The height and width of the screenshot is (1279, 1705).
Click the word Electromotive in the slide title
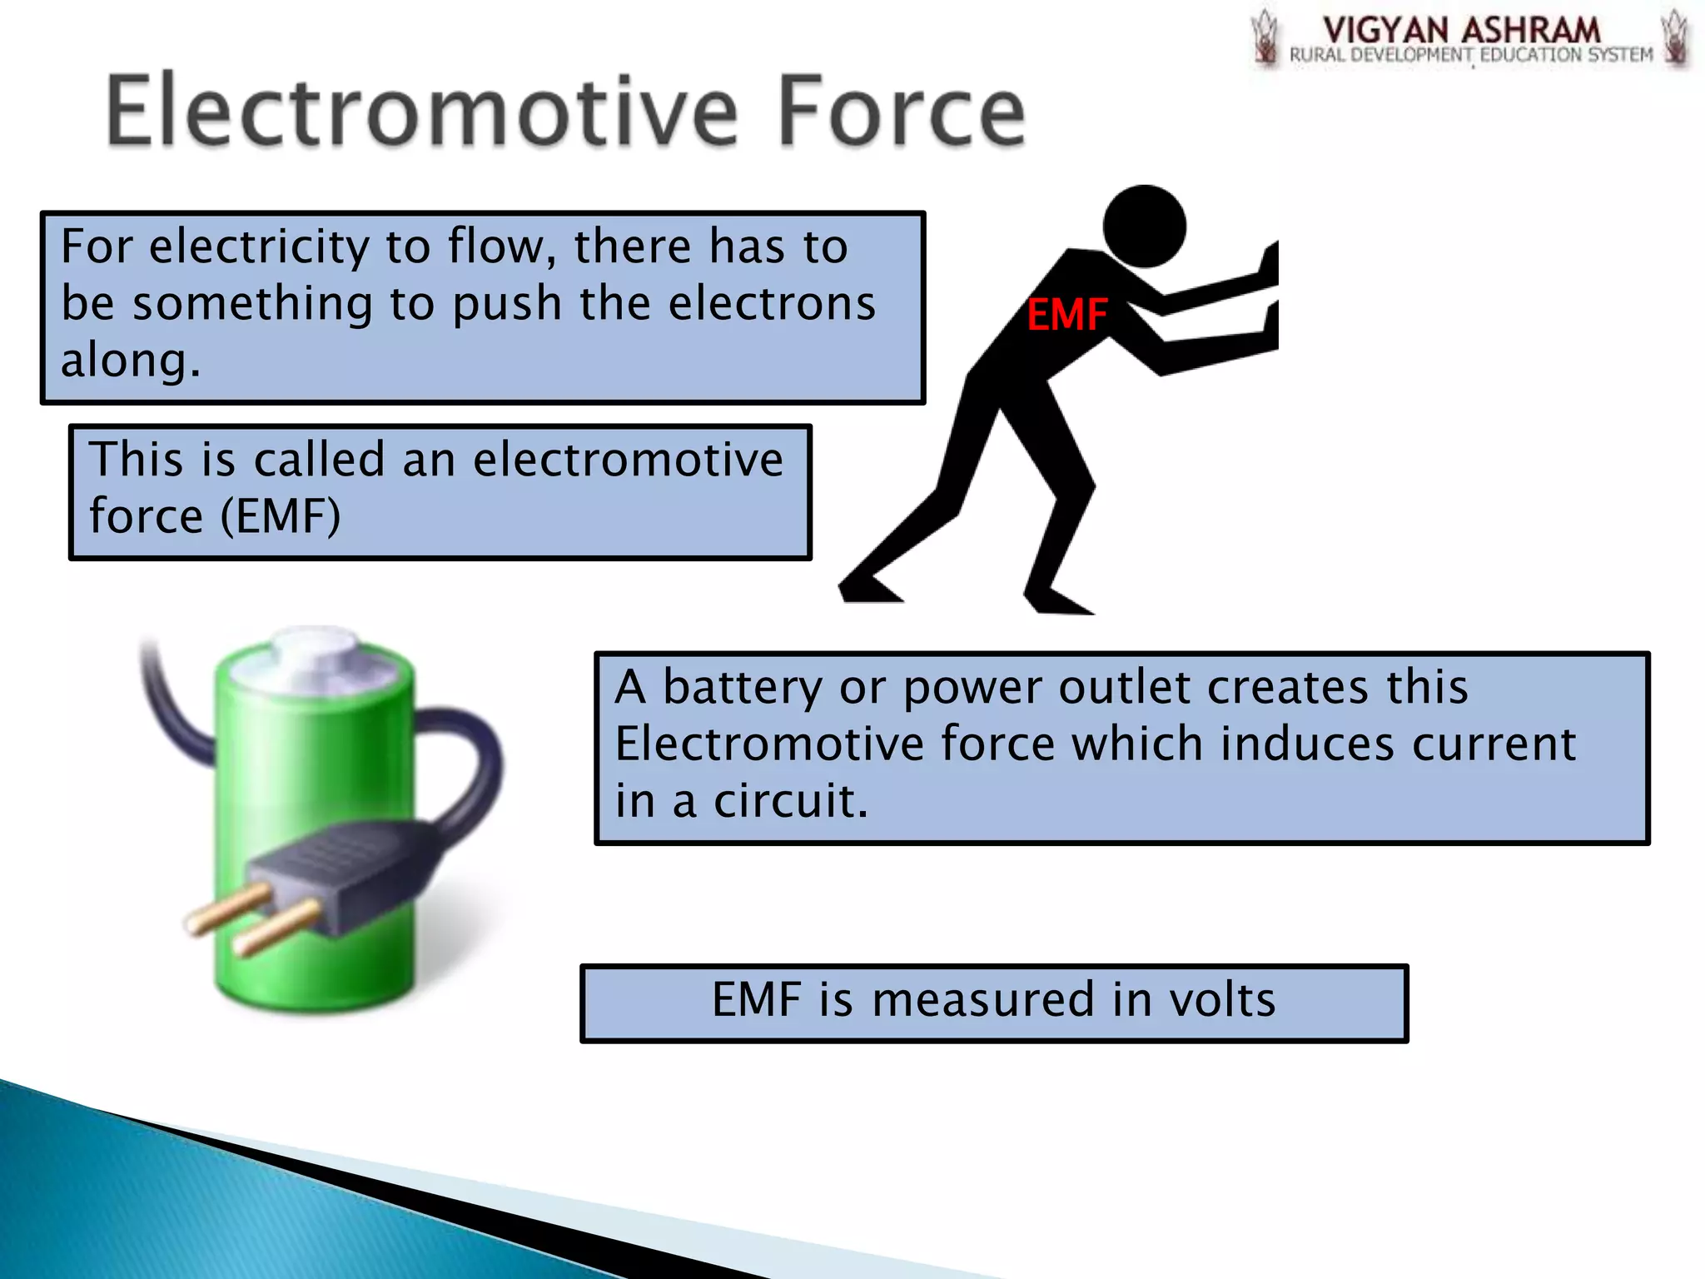(420, 111)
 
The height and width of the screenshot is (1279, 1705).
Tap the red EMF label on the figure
(1066, 315)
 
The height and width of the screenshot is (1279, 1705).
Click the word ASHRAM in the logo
(1530, 31)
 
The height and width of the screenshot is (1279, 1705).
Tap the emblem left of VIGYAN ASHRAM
(1265, 37)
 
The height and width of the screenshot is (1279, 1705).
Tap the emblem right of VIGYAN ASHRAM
(1675, 37)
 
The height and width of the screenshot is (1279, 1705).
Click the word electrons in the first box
(772, 303)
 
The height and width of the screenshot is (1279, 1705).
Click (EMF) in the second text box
(281, 516)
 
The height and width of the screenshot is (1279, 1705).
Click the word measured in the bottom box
(982, 999)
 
